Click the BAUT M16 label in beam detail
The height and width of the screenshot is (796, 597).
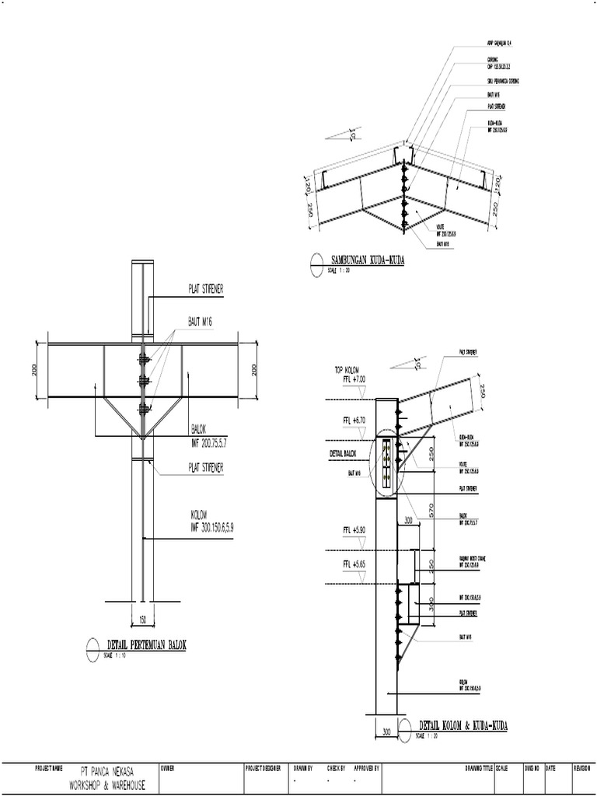click(x=201, y=319)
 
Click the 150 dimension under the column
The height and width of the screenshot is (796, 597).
click(x=142, y=620)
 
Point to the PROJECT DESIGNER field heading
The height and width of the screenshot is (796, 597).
click(x=262, y=768)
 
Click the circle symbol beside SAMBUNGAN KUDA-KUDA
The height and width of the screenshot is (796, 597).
click(x=316, y=264)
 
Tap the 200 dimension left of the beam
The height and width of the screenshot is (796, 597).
click(x=35, y=370)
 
